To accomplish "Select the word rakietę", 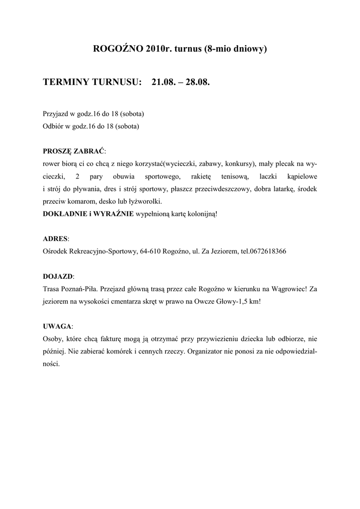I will tap(201, 176).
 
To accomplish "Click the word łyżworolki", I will tap(147, 202).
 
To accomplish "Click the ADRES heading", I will tap(55, 239).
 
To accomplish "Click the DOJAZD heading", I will tap(58, 276).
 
